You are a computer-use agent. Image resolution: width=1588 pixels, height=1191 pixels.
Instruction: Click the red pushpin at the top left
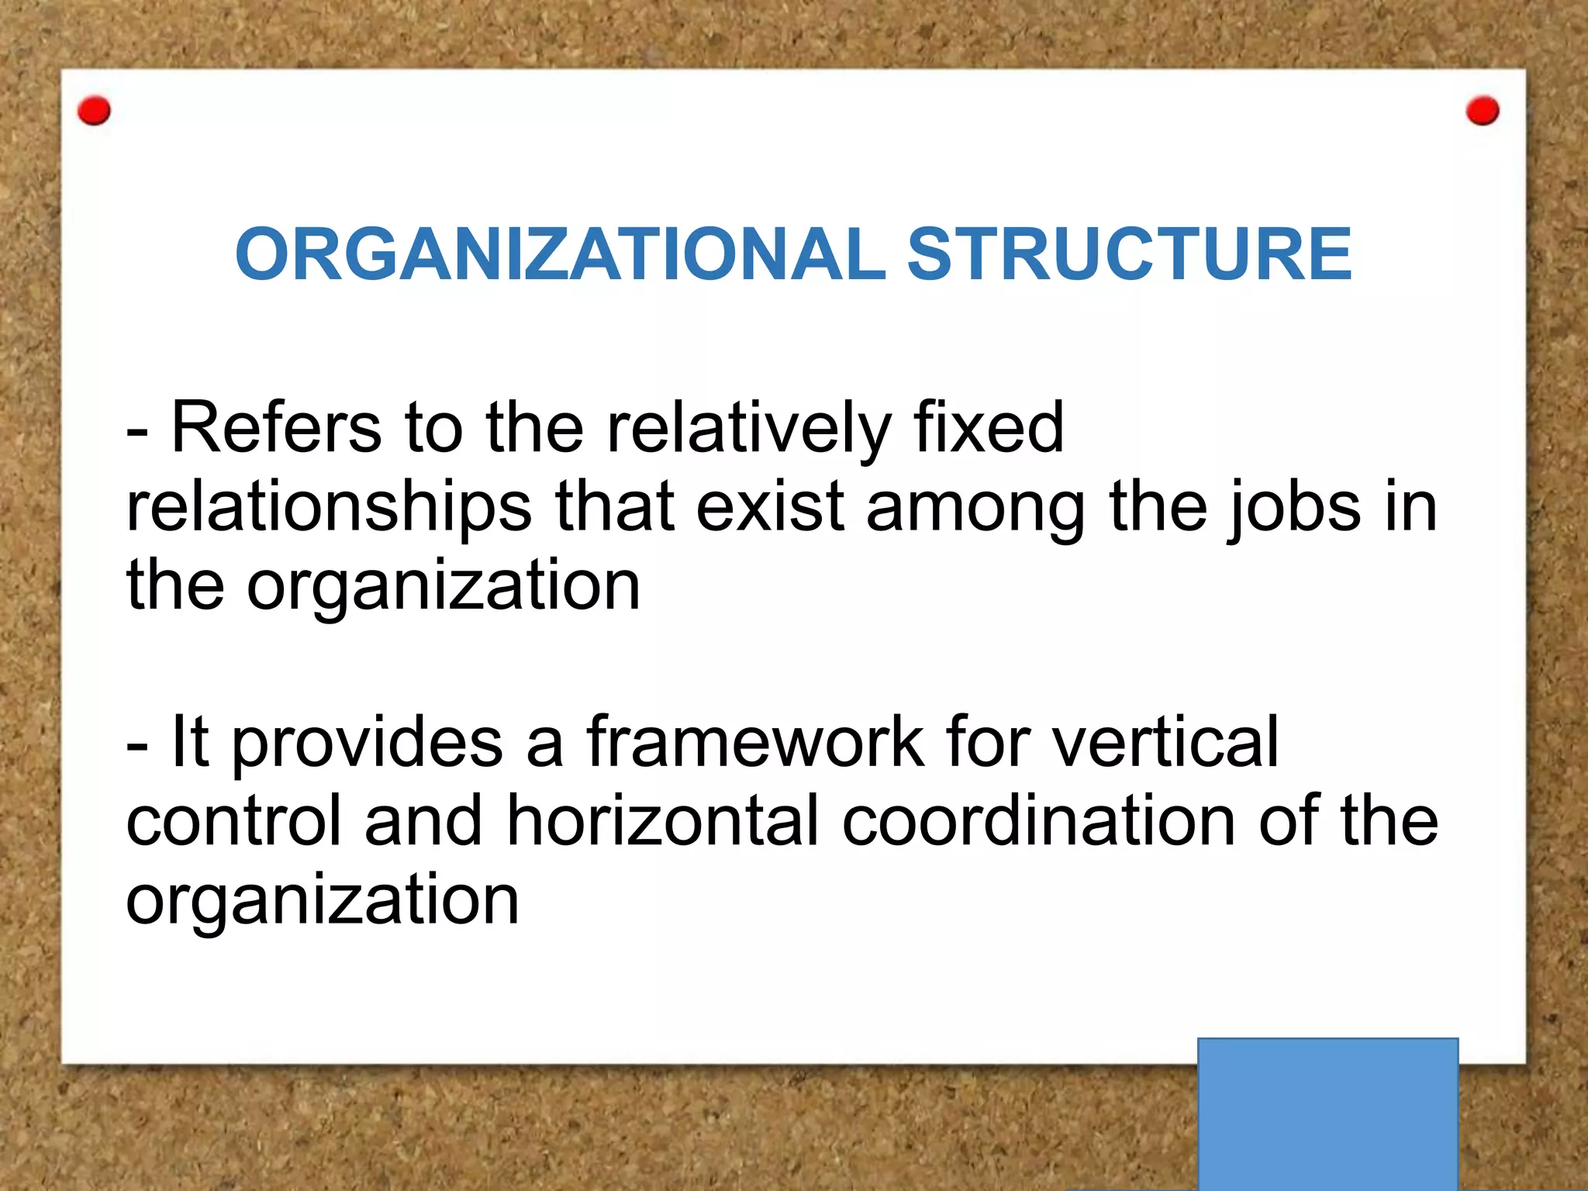click(95, 111)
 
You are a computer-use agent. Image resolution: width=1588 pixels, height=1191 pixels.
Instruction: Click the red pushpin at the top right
click(1483, 111)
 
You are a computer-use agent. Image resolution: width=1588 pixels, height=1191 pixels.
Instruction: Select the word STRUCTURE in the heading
click(1130, 254)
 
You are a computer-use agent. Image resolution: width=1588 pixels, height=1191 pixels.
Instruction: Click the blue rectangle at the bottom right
click(1327, 1113)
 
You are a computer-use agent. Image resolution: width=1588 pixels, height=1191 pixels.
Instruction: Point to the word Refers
click(276, 428)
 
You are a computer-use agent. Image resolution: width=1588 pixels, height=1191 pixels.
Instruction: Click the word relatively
click(748, 428)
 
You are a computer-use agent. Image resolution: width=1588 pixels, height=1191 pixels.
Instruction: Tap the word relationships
click(329, 508)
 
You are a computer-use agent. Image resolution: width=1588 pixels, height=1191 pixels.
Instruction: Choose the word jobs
click(1293, 508)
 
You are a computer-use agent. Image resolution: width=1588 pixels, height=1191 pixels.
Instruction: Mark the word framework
click(754, 742)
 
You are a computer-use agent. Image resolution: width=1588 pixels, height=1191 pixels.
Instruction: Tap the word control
click(233, 820)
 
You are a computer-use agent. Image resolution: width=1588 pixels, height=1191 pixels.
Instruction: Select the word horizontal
click(663, 820)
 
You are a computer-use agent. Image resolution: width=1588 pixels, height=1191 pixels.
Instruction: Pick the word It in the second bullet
click(189, 742)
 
